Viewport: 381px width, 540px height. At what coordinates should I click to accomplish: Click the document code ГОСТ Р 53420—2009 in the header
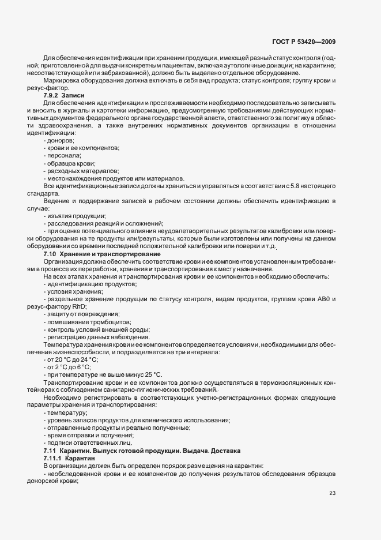tap(304, 42)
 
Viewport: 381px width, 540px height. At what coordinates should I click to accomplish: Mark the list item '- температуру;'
tap(65, 412)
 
